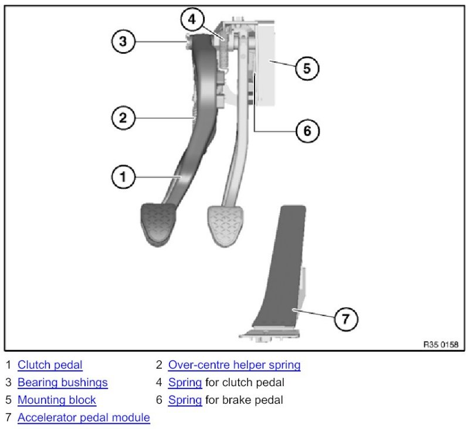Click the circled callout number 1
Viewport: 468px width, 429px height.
pyautogui.click(x=123, y=176)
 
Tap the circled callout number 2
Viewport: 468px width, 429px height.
pyautogui.click(x=123, y=118)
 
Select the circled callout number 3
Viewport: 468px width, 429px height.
pyautogui.click(x=123, y=41)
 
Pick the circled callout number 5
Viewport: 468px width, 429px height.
pyautogui.click(x=307, y=68)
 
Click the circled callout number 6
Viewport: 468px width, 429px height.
pyautogui.click(x=307, y=130)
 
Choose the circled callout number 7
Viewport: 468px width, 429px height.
pyautogui.click(x=346, y=319)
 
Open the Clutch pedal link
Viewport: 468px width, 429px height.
pyautogui.click(x=50, y=365)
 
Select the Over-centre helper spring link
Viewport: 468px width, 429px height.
pyautogui.click(x=234, y=365)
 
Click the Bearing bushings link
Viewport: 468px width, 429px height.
pyautogui.click(x=63, y=383)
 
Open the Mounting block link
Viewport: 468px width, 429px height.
pyautogui.click(x=57, y=400)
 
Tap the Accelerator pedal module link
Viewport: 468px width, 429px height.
pyautogui.click(x=84, y=418)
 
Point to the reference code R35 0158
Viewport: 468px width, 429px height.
pyautogui.click(x=440, y=344)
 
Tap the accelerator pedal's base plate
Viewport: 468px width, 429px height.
pyautogui.click(x=270, y=336)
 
